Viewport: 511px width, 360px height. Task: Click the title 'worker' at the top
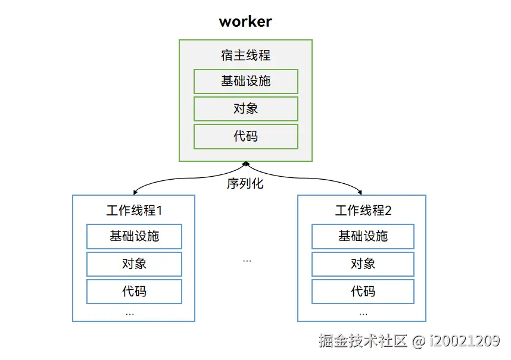click(x=245, y=22)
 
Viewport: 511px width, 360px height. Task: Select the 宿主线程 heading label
click(x=245, y=55)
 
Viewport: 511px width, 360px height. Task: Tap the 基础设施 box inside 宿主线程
click(x=245, y=82)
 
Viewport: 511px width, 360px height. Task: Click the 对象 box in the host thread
click(x=245, y=109)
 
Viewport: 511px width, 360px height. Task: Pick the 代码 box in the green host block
click(x=245, y=136)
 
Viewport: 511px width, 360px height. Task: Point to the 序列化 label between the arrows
click(x=245, y=183)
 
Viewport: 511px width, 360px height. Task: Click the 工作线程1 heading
click(x=134, y=211)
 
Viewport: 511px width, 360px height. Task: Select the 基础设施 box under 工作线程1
click(x=134, y=236)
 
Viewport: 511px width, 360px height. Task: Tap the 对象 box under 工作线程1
click(x=134, y=264)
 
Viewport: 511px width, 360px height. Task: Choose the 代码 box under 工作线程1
click(x=134, y=291)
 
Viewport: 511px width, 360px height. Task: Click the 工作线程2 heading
click(x=363, y=211)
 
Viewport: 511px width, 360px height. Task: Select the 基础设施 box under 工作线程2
click(x=363, y=236)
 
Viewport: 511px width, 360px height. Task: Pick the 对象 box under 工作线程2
click(x=363, y=264)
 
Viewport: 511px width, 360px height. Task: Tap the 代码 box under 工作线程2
click(x=363, y=291)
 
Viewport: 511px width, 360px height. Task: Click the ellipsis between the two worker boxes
click(x=247, y=261)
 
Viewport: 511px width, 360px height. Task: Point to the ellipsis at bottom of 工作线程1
click(x=130, y=314)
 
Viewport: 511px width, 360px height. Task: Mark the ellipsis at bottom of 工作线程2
click(x=363, y=314)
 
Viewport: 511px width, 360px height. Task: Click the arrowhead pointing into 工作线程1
click(x=136, y=192)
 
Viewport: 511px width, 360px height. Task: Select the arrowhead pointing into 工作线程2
click(x=359, y=192)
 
